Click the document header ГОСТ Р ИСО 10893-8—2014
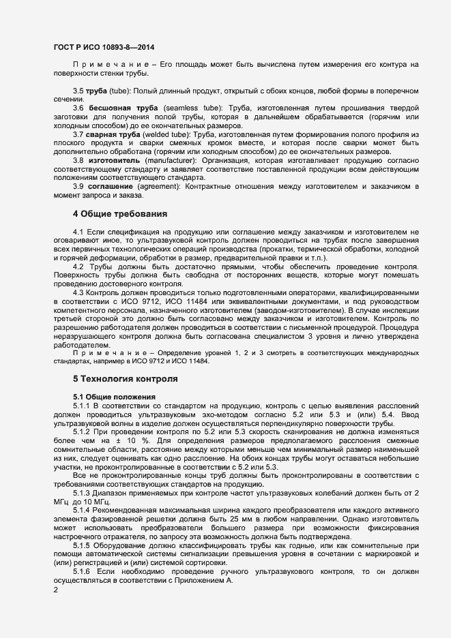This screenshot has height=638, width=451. point(104,48)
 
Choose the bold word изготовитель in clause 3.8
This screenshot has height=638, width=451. point(113,160)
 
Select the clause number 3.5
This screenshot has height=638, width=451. point(78,91)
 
